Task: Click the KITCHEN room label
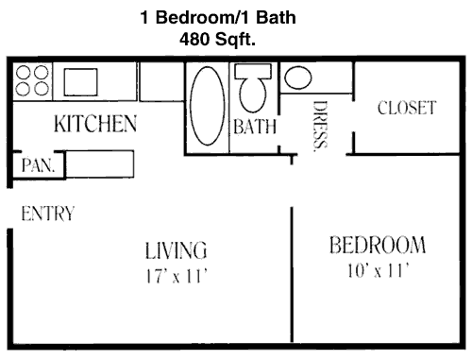[95, 124]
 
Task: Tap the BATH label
[255, 127]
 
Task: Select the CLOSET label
[407, 108]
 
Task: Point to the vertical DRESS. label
[321, 126]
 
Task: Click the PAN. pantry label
[38, 165]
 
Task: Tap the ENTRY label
[48, 214]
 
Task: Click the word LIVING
[176, 250]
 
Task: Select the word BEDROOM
[378, 245]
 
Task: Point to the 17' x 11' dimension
[177, 276]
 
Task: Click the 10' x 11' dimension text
[379, 270]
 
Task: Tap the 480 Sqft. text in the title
[217, 40]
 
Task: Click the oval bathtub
[208, 106]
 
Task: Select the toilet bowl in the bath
[253, 94]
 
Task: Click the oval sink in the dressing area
[298, 77]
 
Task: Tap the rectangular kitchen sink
[81, 82]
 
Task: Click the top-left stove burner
[23, 72]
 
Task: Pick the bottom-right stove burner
[42, 88]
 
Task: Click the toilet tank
[253, 71]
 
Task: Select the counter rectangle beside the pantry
[100, 163]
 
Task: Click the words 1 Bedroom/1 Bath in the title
[218, 17]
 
